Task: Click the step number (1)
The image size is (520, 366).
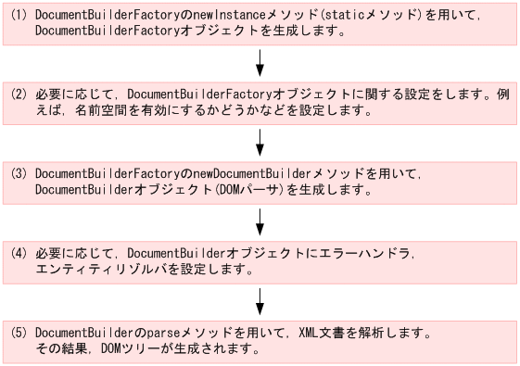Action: [x=19, y=17]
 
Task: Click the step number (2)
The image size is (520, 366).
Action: [x=19, y=95]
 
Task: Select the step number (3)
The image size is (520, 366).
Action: [x=19, y=173]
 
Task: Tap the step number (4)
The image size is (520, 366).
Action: [x=19, y=252]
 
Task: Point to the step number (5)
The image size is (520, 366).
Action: [x=19, y=331]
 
